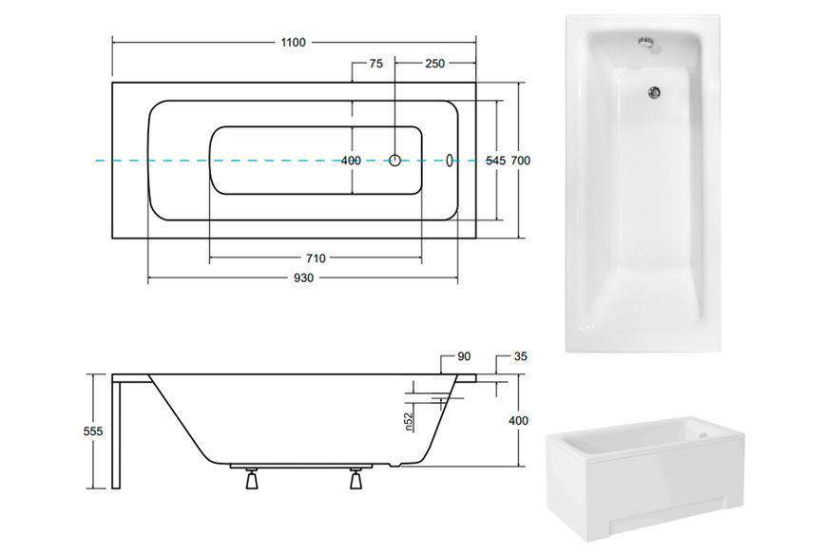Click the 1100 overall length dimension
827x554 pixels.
tap(293, 42)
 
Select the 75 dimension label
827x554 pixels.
tap(376, 64)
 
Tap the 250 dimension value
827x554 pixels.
tap(435, 64)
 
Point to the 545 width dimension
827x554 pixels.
tap(496, 161)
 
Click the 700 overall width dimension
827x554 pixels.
tap(521, 161)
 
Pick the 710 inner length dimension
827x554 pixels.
tap(316, 258)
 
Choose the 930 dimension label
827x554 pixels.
tap(303, 277)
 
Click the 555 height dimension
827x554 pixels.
tap(93, 431)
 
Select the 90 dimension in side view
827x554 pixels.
tap(464, 357)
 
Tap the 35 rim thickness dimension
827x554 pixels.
tap(520, 357)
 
